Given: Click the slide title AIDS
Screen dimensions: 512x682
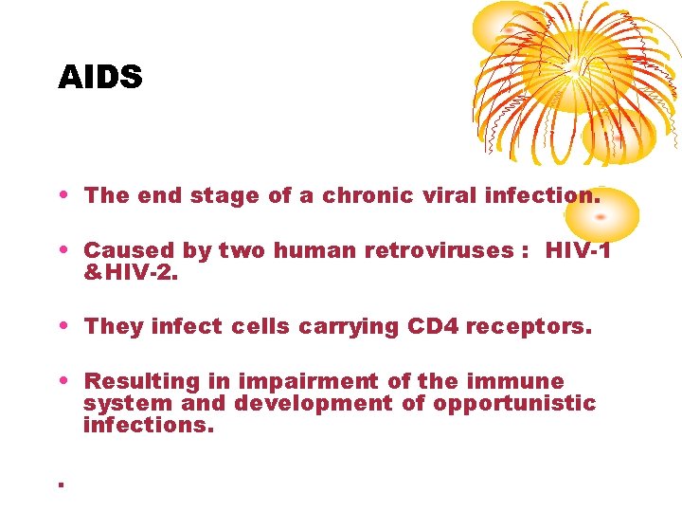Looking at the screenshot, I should (x=99, y=77).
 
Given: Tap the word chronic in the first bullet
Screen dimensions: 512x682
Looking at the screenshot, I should (x=368, y=196).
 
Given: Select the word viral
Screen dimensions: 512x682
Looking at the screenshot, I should (x=447, y=196).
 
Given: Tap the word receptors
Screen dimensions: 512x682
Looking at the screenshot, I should (x=532, y=327).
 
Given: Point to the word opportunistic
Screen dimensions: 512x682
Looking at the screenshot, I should (x=514, y=403).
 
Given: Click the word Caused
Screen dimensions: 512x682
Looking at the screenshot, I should (x=119, y=251).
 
